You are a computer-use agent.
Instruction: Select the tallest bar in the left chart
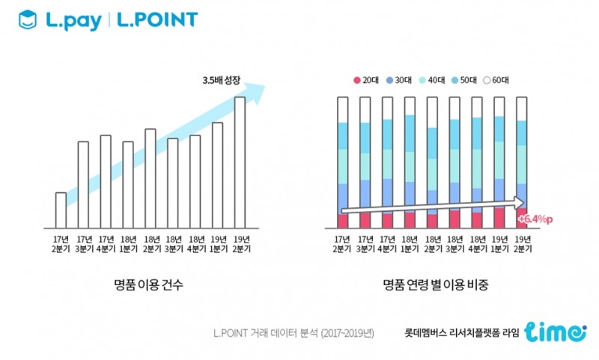[x=240, y=162]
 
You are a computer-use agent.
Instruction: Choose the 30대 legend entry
[x=405, y=80]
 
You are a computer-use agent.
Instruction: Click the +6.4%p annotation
[x=534, y=219]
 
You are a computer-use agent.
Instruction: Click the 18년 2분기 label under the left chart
[x=150, y=244]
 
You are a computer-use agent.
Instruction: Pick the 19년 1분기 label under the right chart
[x=499, y=244]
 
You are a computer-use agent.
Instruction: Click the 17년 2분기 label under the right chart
[x=343, y=244]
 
